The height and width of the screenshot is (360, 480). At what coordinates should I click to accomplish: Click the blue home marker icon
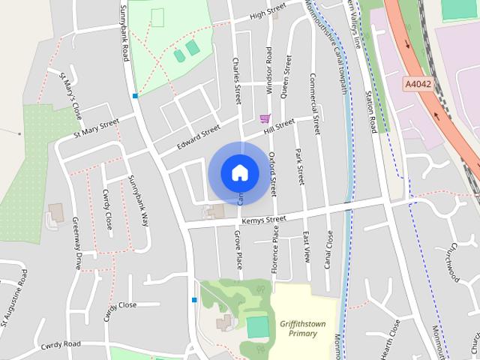coord(239,172)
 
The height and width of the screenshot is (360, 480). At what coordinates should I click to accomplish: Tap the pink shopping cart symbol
coord(264,118)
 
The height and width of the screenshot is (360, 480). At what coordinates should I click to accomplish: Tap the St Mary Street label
coord(96,128)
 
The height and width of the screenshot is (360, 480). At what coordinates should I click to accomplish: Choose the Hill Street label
coord(280,127)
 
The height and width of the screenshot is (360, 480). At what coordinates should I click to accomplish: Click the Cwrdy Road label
coord(61,343)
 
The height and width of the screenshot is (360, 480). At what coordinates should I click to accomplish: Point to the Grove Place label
coord(238,250)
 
